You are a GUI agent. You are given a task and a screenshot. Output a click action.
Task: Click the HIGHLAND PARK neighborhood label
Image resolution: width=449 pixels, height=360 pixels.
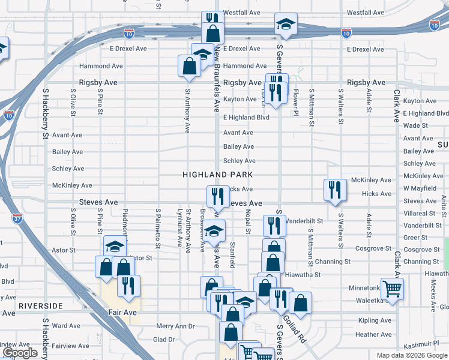pyautogui.click(x=217, y=174)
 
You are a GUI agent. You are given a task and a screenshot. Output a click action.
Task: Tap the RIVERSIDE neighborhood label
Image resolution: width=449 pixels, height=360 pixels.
pyautogui.click(x=41, y=305)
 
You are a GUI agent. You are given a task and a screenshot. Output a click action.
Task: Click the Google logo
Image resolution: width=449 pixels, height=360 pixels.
pyautogui.click(x=20, y=353)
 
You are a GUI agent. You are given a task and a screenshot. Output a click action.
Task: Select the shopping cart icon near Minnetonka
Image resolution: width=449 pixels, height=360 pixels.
pyautogui.click(x=392, y=289)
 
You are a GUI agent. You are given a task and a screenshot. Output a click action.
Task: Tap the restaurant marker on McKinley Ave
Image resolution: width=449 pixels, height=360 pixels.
pyautogui.click(x=334, y=190)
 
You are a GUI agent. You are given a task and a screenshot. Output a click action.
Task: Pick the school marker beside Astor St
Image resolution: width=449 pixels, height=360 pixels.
pyautogui.click(x=115, y=247)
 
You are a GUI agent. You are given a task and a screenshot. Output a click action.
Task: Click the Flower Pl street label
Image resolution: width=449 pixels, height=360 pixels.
pyautogui.click(x=296, y=98)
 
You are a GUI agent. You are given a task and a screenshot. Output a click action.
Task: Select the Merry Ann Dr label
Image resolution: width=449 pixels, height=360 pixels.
pyautogui.click(x=175, y=326)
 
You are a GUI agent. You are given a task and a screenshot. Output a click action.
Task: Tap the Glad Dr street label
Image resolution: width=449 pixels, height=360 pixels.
pyautogui.click(x=163, y=339)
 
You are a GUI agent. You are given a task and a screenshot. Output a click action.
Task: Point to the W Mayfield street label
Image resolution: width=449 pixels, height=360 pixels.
pyautogui.click(x=420, y=188)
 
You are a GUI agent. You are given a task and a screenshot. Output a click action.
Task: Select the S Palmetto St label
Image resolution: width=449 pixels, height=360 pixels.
pyautogui.click(x=158, y=229)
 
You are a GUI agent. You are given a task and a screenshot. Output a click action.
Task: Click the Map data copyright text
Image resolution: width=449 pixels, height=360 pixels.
pyautogui.click(x=411, y=355)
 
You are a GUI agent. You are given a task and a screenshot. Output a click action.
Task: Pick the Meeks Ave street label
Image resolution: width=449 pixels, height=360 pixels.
pyautogui.click(x=433, y=290)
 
